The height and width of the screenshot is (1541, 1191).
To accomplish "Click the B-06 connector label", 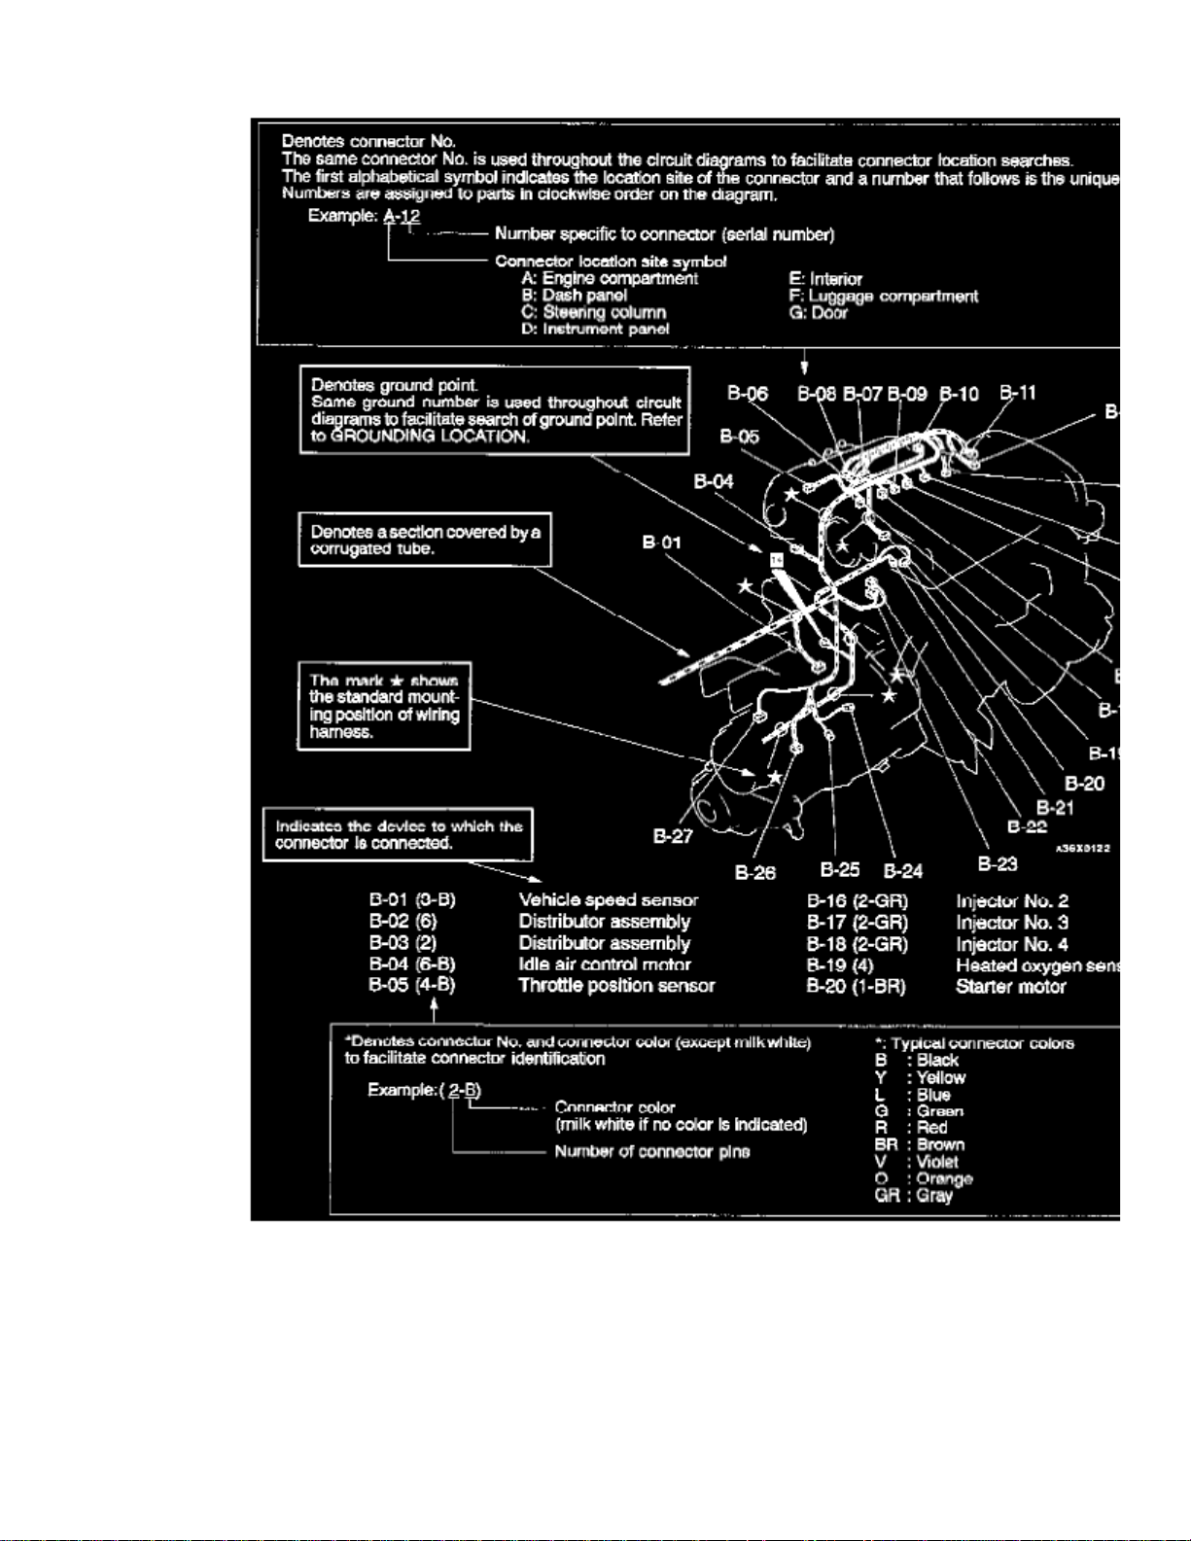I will (x=748, y=394).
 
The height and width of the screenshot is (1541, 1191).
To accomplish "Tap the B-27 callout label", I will (x=673, y=836).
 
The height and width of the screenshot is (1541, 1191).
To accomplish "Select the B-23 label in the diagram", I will (x=998, y=863).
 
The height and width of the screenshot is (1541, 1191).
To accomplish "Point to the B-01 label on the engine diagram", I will (x=661, y=543).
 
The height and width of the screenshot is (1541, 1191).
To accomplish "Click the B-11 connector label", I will (x=1018, y=393).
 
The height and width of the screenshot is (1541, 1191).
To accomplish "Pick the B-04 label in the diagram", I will (x=714, y=481).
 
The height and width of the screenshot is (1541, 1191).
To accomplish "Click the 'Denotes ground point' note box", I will (x=495, y=410).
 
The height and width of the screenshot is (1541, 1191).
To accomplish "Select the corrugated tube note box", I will (x=425, y=540).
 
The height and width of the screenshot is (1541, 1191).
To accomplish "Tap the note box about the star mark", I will (x=384, y=706).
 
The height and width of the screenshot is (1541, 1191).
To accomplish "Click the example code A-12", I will (x=402, y=216).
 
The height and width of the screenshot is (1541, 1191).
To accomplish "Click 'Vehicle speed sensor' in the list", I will (x=608, y=900).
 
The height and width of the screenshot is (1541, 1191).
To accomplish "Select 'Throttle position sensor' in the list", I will (x=616, y=986).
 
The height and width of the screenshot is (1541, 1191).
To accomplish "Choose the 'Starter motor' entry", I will (x=1010, y=987).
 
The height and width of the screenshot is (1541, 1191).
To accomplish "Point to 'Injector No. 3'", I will (x=1012, y=923).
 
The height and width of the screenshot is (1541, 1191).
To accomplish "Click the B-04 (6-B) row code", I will (x=412, y=964).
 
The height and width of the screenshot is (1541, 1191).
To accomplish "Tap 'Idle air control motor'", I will (x=604, y=964).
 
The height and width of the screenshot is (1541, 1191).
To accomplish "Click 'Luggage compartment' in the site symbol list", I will (x=884, y=297).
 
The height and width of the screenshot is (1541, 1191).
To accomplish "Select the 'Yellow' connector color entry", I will (x=940, y=1077).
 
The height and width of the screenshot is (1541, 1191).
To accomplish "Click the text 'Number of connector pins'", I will (x=651, y=1152).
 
